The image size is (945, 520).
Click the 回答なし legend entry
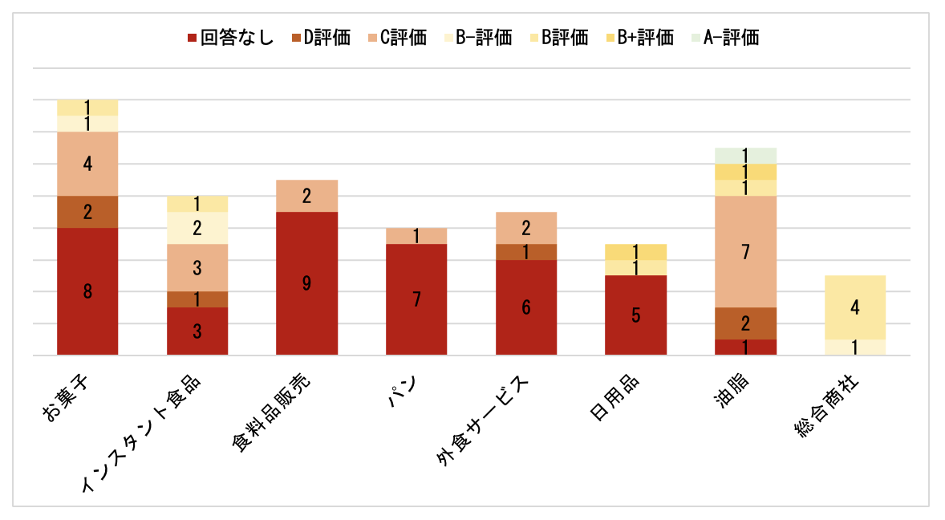(229, 38)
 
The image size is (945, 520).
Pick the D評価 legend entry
(320, 38)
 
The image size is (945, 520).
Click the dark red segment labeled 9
(306, 283)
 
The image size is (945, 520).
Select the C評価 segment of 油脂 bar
(745, 252)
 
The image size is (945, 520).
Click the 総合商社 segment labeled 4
(855, 307)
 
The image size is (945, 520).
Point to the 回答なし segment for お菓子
(87, 291)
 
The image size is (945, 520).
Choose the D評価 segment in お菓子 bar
(87, 212)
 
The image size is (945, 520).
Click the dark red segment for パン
(416, 299)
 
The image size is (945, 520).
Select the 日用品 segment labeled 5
(635, 315)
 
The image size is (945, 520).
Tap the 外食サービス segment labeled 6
(526, 307)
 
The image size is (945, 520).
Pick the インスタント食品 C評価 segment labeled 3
(197, 267)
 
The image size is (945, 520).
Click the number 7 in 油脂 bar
(745, 252)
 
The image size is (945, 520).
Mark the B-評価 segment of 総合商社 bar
(855, 347)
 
